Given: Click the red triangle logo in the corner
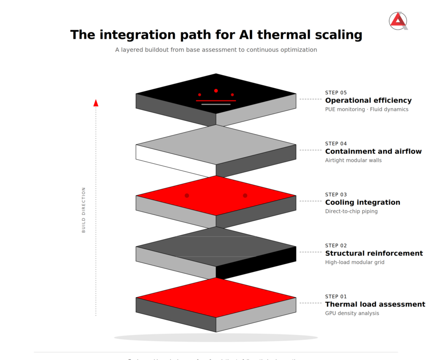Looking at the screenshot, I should pyautogui.click(x=398, y=21).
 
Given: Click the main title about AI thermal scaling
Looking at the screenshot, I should pyautogui.click(x=216, y=35).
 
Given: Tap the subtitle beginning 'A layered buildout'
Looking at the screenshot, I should pyautogui.click(x=216, y=50).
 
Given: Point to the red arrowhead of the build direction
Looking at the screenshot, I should pyautogui.click(x=96, y=103).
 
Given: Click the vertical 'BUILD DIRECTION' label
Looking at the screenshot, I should pyautogui.click(x=84, y=210).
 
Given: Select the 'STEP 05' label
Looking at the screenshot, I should pyautogui.click(x=336, y=92).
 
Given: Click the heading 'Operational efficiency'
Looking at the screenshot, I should pyautogui.click(x=368, y=100).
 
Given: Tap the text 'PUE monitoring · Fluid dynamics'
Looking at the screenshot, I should pyautogui.click(x=367, y=109).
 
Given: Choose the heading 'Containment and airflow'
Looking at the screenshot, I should pyautogui.click(x=373, y=152).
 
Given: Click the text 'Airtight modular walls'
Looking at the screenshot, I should pyautogui.click(x=353, y=160).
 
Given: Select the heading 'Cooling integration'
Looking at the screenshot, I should pyautogui.click(x=362, y=203).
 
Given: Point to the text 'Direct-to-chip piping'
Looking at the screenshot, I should pyautogui.click(x=351, y=211).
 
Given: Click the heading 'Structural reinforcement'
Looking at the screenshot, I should pyautogui.click(x=374, y=253).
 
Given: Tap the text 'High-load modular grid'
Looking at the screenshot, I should pyautogui.click(x=354, y=263).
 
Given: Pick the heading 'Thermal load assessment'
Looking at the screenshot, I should pyautogui.click(x=375, y=304).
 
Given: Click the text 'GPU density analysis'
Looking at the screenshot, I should pyautogui.click(x=352, y=313).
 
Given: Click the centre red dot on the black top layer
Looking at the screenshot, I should pyautogui.click(x=216, y=91).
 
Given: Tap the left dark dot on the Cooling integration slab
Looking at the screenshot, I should pyautogui.click(x=187, y=195).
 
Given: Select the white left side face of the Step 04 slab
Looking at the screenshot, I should pyautogui.click(x=173, y=160).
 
